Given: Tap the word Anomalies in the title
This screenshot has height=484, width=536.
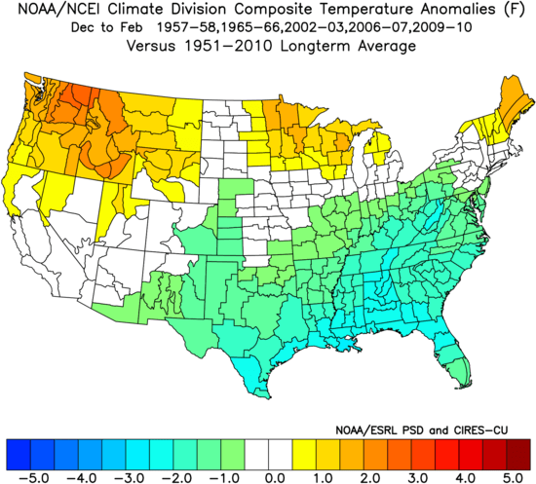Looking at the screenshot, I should pyautogui.click(x=446, y=11).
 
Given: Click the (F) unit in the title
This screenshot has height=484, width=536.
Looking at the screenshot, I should pyautogui.click(x=511, y=11).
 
